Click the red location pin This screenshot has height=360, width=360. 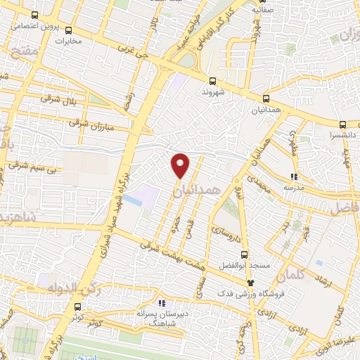[181, 165]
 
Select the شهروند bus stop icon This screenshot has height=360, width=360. [212, 81]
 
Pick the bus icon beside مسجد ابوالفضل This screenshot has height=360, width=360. [244, 255]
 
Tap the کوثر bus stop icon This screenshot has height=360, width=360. [77, 307]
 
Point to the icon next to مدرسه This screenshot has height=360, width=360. [294, 176]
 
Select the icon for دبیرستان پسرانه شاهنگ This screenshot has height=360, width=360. [162, 304]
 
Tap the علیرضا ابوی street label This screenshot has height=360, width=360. [340, 338]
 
